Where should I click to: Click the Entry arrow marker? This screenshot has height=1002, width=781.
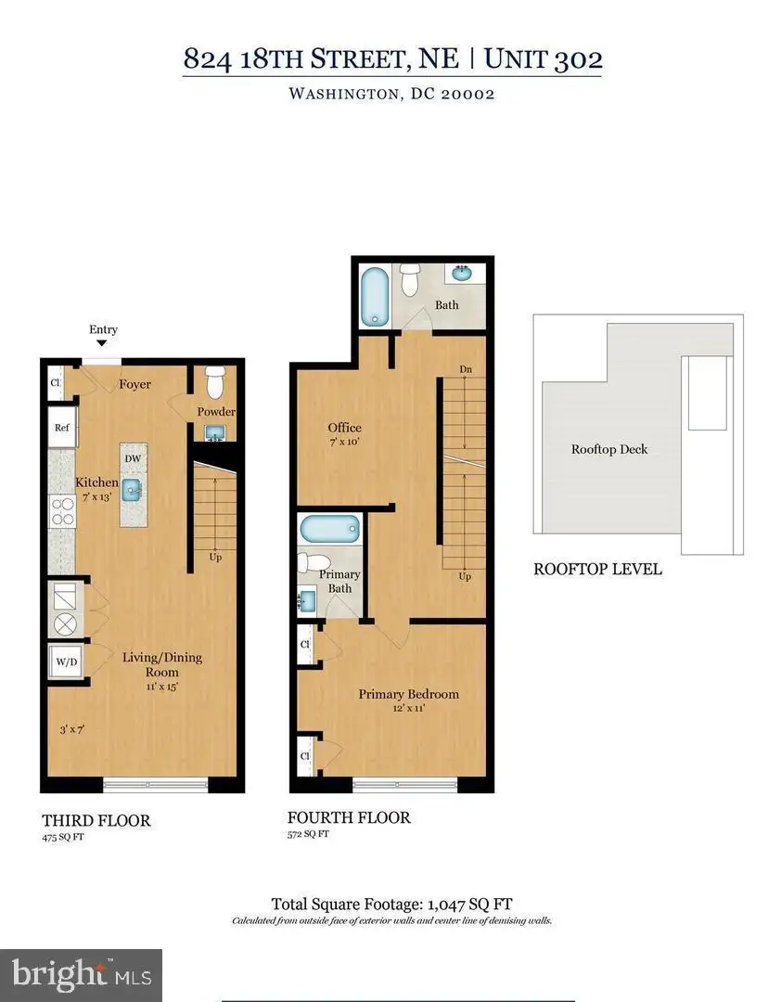(x=102, y=343)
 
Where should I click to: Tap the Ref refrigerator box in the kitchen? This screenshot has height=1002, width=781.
(x=63, y=427)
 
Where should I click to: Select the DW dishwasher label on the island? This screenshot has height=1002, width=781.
(x=133, y=459)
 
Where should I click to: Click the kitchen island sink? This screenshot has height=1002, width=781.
(x=133, y=490)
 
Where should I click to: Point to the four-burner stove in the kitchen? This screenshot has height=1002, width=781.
(x=63, y=512)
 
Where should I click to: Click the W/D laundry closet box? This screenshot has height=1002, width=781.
(x=66, y=662)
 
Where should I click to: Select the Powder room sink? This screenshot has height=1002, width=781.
(x=215, y=432)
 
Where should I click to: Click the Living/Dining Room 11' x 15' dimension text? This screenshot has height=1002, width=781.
(x=162, y=687)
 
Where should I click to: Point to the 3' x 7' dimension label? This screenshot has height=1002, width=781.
(x=72, y=729)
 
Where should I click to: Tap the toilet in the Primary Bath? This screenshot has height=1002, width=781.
(x=314, y=563)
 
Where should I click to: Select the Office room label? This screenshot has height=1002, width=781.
(x=344, y=428)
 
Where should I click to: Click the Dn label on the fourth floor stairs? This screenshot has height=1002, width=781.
(x=466, y=369)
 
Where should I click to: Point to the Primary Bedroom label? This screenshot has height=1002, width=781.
(x=408, y=694)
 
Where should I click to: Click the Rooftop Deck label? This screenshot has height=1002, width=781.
(x=609, y=449)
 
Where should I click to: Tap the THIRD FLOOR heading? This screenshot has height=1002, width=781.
(x=96, y=820)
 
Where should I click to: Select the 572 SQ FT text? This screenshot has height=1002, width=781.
(x=308, y=834)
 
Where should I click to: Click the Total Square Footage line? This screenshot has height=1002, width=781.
(x=391, y=905)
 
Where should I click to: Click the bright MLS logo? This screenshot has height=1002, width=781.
(x=82, y=975)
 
